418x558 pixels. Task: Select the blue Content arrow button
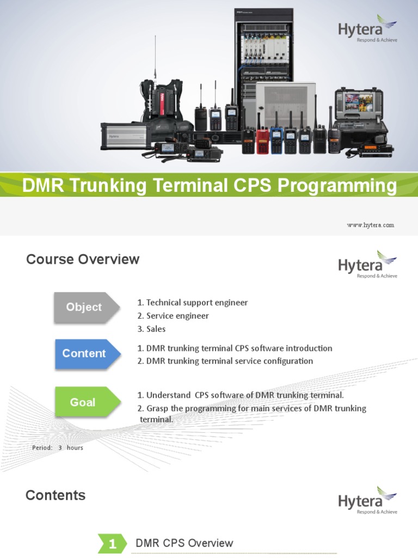(86, 354)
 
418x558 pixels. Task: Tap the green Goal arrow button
(86, 403)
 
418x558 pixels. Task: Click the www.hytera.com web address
(371, 225)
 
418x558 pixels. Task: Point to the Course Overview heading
(83, 259)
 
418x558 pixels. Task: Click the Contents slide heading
(56, 495)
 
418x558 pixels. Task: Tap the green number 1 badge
(112, 543)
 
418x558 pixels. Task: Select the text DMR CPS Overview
(184, 543)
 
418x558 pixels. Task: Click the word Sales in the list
(156, 329)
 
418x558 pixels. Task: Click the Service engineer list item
(177, 316)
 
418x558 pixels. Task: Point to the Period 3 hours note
(58, 448)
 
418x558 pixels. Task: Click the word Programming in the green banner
(337, 186)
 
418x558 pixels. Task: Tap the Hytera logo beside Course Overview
(368, 265)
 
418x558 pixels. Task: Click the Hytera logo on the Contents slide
(368, 501)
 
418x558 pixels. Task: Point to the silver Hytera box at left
(124, 136)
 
